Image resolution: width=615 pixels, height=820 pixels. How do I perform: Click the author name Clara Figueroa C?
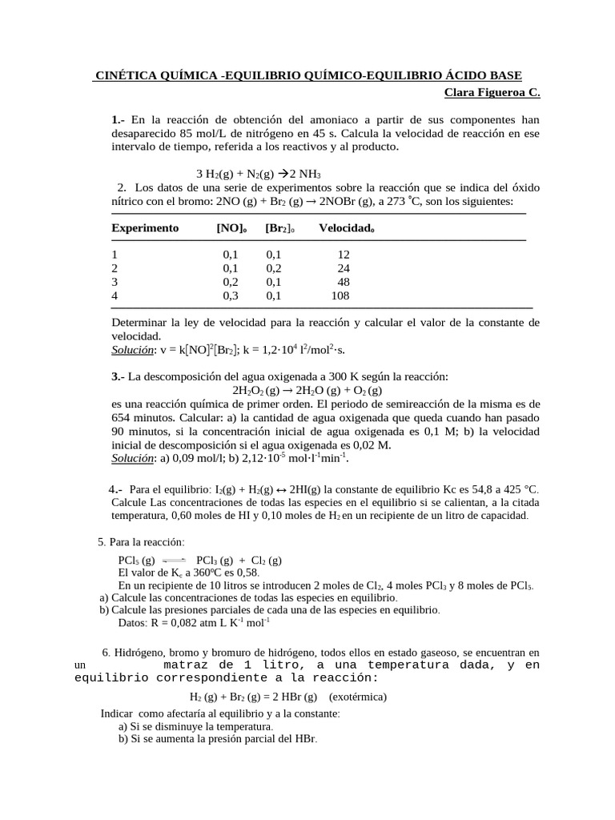pyautogui.click(x=492, y=92)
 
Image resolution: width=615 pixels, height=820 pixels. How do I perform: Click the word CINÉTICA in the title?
pyautogui.click(x=126, y=75)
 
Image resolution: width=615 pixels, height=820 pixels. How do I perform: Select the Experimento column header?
pyautogui.click(x=145, y=227)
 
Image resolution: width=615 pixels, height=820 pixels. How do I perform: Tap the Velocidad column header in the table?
pyautogui.click(x=346, y=227)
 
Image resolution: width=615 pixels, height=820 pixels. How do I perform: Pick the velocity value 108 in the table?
pyautogui.click(x=340, y=295)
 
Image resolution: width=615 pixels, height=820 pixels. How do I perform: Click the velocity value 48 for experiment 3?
pyautogui.click(x=344, y=282)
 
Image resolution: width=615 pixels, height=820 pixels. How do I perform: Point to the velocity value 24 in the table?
pyautogui.click(x=344, y=268)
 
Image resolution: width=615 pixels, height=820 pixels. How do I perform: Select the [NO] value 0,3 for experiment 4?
pyautogui.click(x=231, y=295)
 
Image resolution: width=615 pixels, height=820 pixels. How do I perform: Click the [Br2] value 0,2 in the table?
pyautogui.click(x=274, y=268)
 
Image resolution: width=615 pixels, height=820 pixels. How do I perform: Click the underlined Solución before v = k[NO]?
pyautogui.click(x=132, y=350)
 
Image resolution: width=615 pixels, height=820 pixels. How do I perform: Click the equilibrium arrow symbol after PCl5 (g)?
pyautogui.click(x=174, y=560)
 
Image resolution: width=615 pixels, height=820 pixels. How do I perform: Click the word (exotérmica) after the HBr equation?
pyautogui.click(x=357, y=696)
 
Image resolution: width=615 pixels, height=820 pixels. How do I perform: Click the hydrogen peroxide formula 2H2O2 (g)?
pyautogui.click(x=255, y=390)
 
